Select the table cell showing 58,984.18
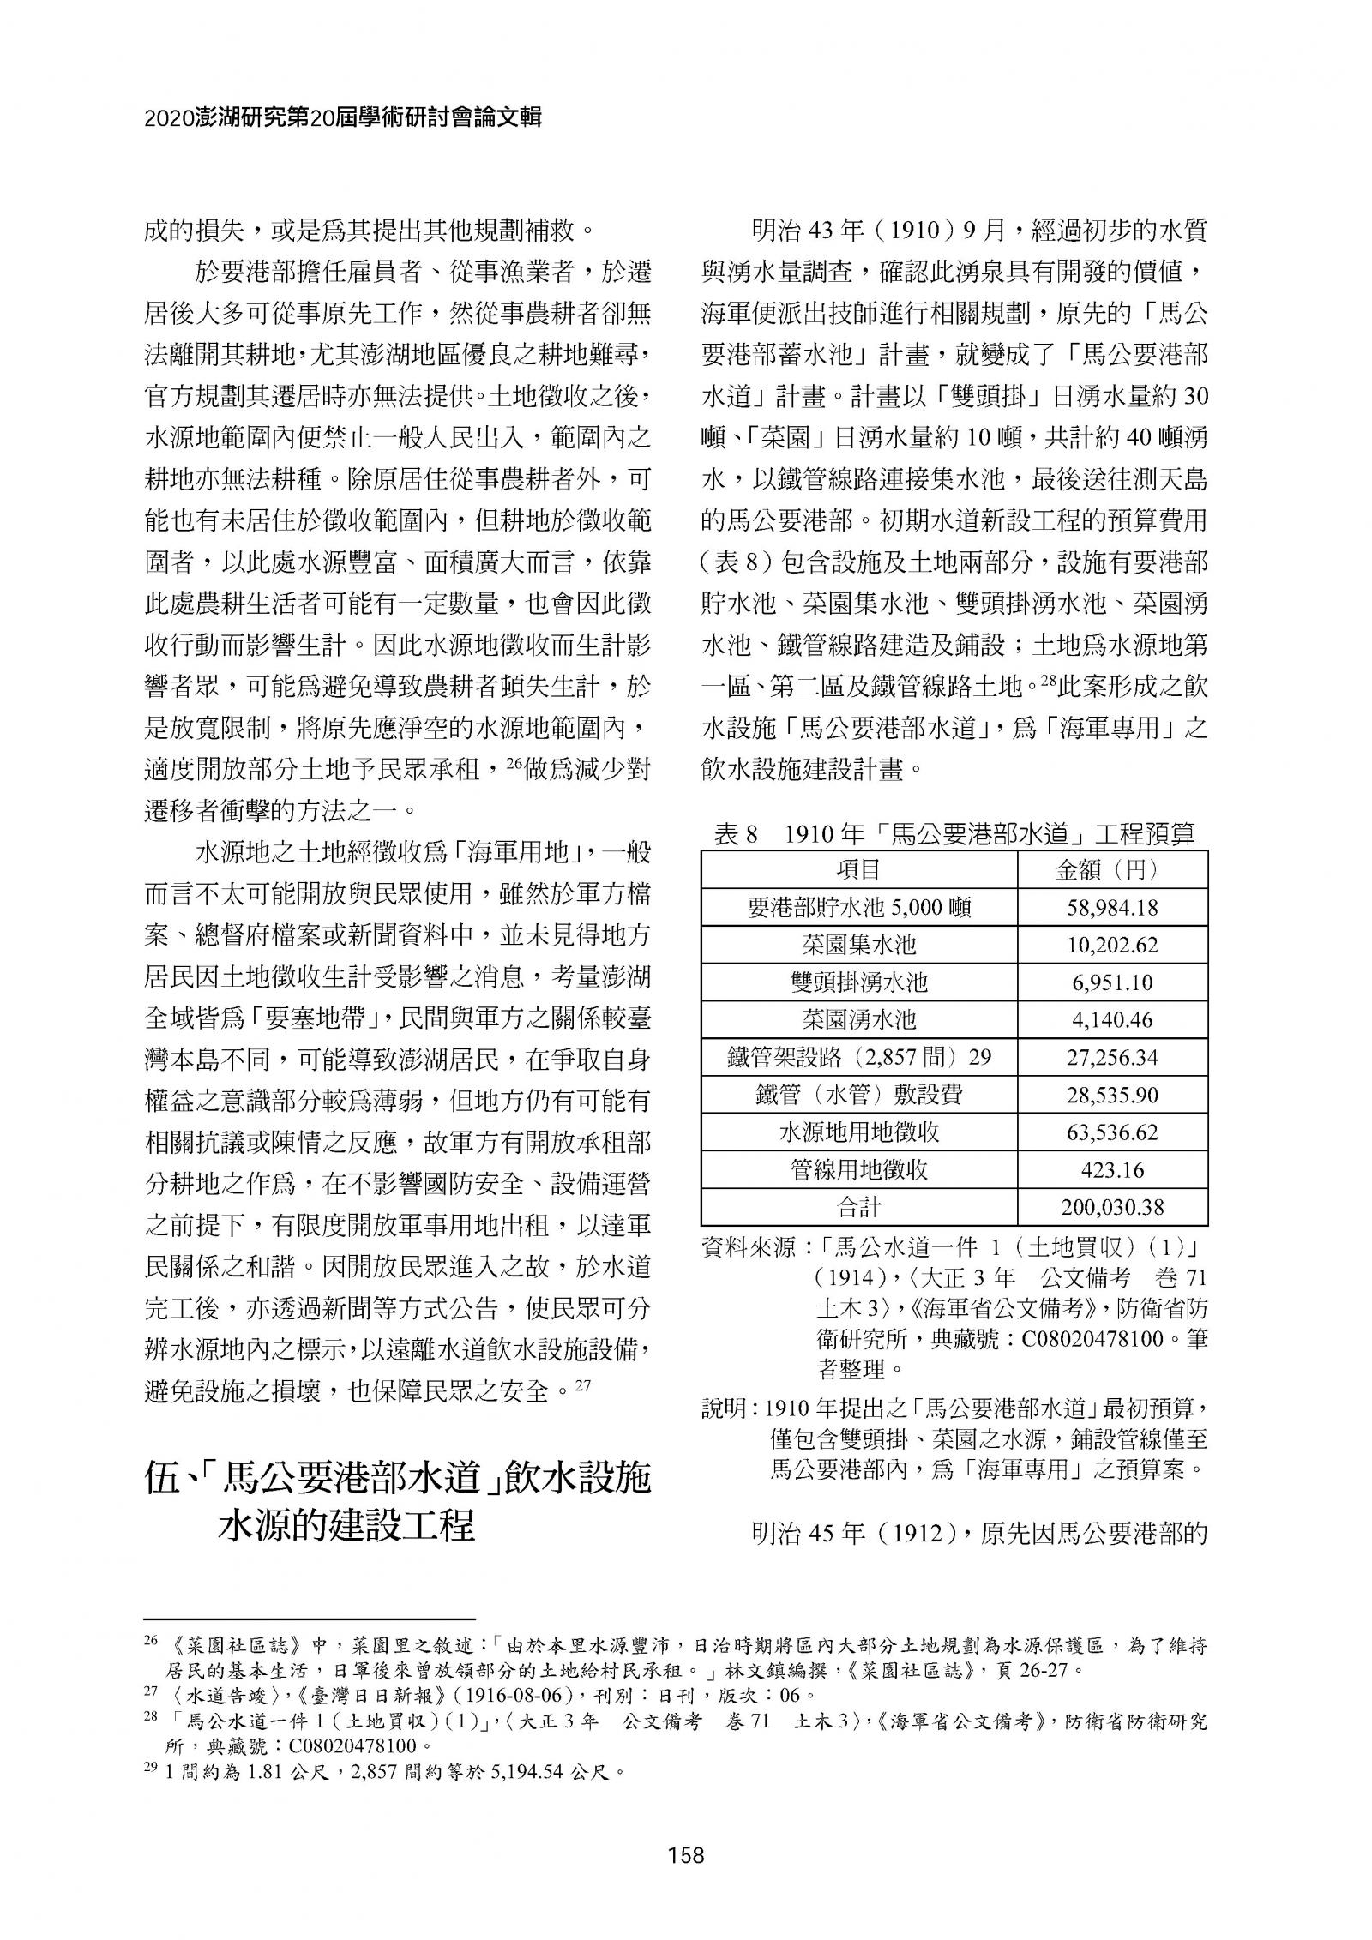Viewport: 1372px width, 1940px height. [x=1112, y=908]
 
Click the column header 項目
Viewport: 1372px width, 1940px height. [x=858, y=870]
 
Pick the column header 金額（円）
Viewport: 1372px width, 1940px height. [x=1112, y=870]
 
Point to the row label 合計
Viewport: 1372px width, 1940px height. [x=858, y=1208]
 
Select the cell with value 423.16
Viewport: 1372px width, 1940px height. [x=1112, y=1170]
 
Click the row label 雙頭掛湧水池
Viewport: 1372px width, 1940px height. [x=858, y=982]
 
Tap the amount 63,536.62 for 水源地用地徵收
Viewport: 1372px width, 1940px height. [x=1112, y=1132]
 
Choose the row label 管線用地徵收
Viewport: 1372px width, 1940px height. [x=858, y=1170]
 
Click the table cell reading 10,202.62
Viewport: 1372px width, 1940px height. [x=1112, y=945]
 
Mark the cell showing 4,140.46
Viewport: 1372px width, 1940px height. [x=1112, y=1020]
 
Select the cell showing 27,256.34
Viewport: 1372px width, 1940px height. [x=1112, y=1058]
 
